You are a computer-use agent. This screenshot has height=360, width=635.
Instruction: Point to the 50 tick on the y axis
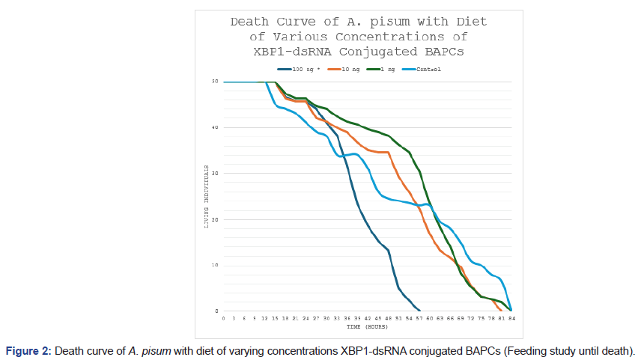pos(215,82)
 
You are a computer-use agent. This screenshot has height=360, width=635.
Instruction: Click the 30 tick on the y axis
pos(215,174)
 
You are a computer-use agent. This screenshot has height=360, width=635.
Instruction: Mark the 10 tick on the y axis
pos(215,266)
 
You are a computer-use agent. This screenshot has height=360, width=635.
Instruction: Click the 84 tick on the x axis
pos(511,318)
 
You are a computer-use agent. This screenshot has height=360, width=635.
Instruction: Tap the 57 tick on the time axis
pos(419,318)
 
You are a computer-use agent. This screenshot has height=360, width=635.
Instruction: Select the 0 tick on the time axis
pos(224,318)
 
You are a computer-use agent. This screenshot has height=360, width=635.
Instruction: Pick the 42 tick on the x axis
pos(368,318)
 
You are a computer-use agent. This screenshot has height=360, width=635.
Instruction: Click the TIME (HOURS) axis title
pos(367,327)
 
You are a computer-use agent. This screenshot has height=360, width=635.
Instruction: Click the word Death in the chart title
pos(249,22)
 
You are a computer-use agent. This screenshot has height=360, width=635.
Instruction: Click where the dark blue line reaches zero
pos(419,311)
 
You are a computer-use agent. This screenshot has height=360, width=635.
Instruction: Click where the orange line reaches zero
pos(502,311)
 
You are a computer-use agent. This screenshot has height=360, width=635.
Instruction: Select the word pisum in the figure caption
pos(156,350)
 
